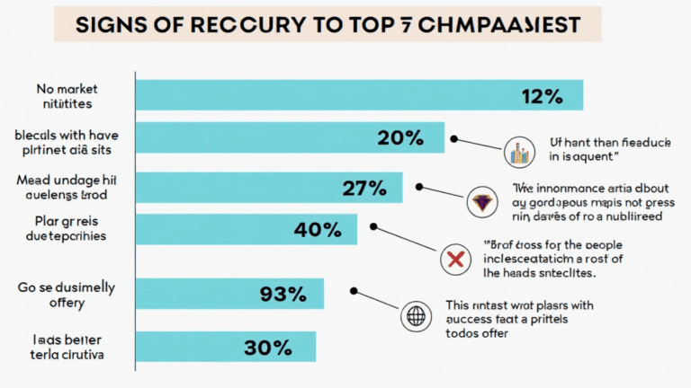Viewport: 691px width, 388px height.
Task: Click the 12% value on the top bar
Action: coord(543,95)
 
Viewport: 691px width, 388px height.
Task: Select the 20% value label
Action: coord(400,137)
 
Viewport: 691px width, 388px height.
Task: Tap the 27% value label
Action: coord(364,188)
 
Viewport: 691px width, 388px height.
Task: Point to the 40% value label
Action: coord(318,229)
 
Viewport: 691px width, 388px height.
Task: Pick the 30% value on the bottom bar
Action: coord(266,346)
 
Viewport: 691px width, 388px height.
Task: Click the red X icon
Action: coord(454,260)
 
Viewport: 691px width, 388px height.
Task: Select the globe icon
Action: coord(416,315)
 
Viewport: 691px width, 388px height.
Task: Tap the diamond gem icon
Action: coord(483,202)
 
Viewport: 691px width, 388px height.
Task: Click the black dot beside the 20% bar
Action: coord(455,139)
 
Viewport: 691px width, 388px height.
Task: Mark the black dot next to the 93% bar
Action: coord(354,291)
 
